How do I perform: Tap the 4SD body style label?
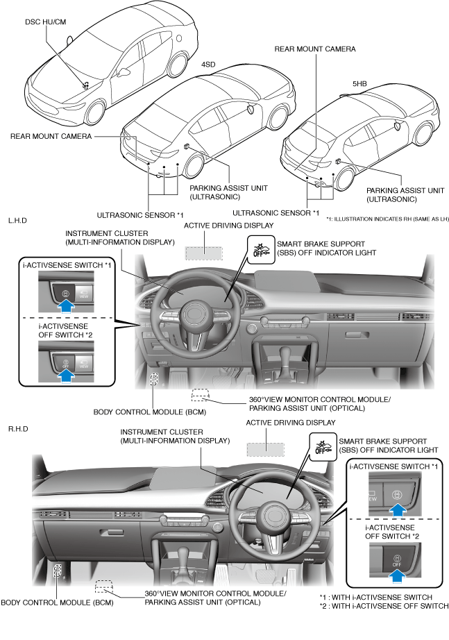(207, 65)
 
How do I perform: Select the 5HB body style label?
(359, 84)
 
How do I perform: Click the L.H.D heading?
(18, 220)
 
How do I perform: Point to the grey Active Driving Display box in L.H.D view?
(203, 253)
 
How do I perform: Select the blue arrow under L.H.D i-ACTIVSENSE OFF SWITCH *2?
(66, 375)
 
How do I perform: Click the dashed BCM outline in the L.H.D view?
(153, 380)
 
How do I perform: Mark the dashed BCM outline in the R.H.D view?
(58, 573)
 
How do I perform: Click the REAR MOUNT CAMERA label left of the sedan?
(51, 137)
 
